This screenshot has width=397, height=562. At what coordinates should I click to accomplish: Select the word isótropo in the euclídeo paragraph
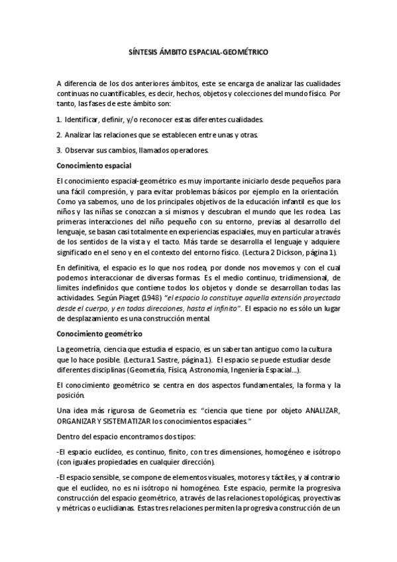pos(325,452)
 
